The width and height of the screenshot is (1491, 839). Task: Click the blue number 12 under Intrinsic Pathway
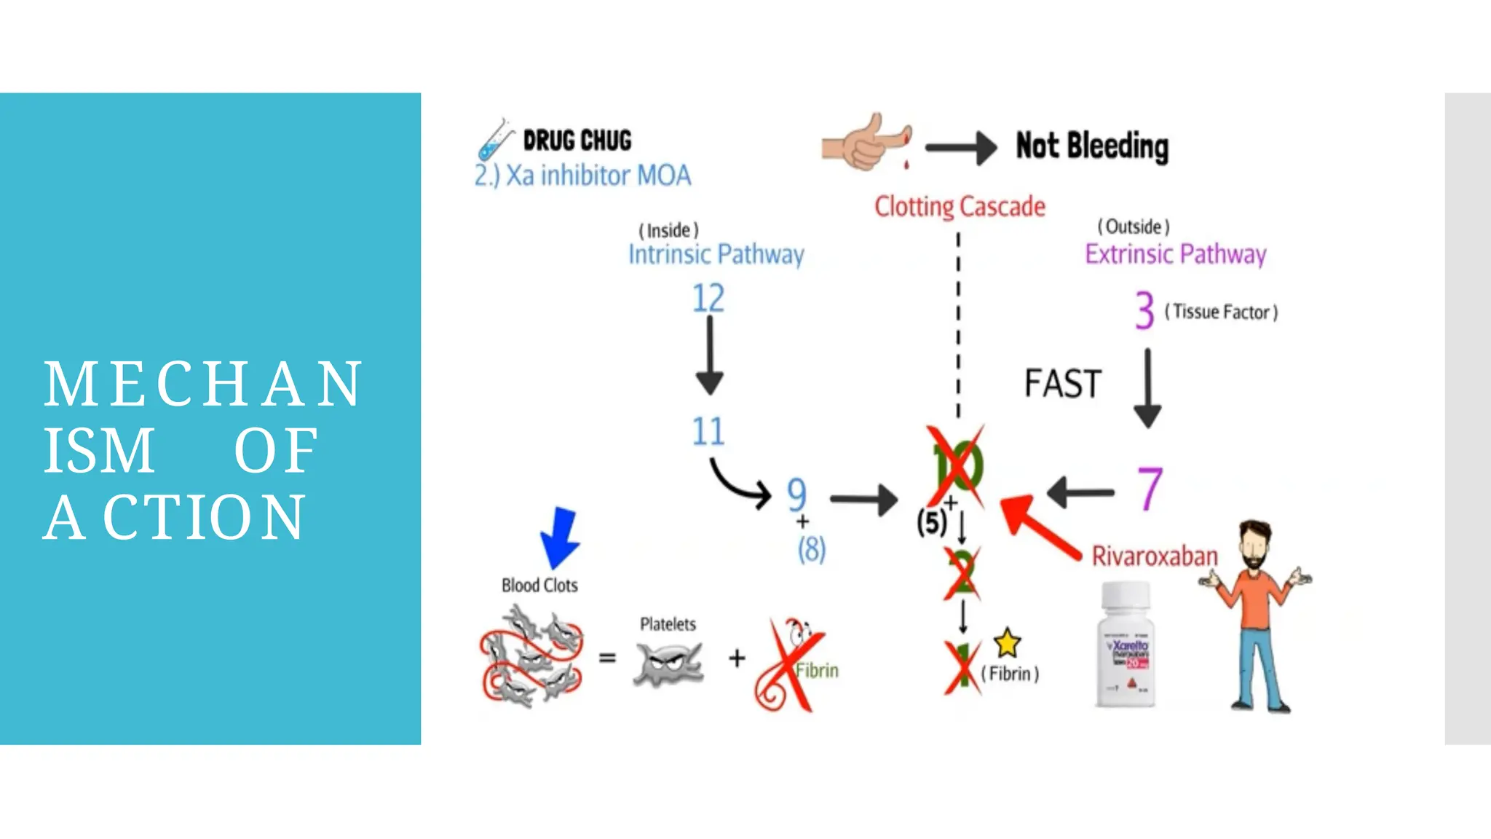pos(708,299)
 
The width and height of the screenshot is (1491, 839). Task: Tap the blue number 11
pos(708,431)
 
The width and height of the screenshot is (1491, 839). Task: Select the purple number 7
pos(1150,489)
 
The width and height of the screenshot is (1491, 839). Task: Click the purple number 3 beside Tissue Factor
pos(1144,310)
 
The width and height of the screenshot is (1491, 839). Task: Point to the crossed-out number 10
pos(957,467)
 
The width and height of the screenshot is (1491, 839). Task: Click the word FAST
pos(1063,384)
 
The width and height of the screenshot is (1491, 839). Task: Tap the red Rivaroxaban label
pos(1154,556)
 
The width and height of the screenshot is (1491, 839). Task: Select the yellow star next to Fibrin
pos(1007,642)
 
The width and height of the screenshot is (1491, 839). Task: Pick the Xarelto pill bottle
pos(1126,645)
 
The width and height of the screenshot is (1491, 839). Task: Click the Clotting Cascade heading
pos(960,207)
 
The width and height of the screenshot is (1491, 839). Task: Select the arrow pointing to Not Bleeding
pos(961,148)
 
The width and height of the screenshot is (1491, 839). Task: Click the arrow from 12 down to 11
pos(709,357)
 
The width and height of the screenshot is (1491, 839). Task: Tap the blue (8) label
pos(812,550)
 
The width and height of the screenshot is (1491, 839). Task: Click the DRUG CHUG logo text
pos(577,141)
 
